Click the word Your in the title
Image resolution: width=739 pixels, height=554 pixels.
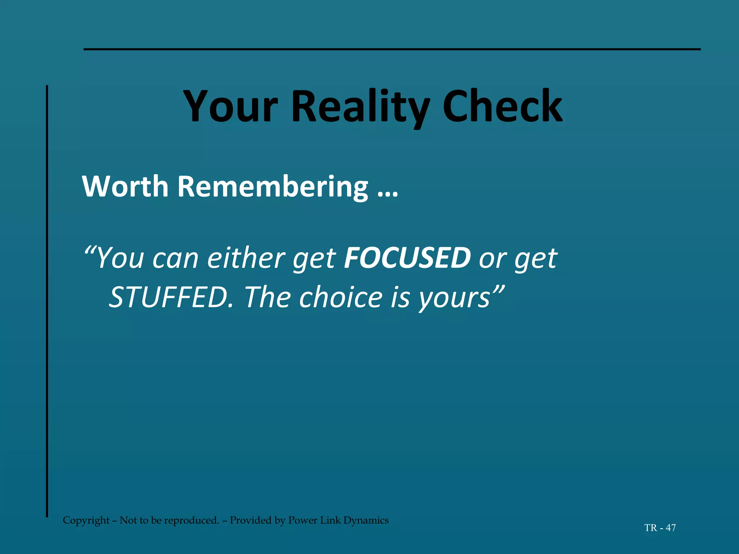coord(231,106)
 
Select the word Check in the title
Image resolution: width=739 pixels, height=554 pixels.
coord(502,106)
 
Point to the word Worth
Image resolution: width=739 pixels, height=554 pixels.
coord(125,186)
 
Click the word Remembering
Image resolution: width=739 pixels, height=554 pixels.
coord(273,186)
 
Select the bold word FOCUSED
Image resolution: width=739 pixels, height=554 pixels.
coord(407,258)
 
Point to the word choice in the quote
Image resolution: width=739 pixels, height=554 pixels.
coord(341,297)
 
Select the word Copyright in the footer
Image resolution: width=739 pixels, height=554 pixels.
coord(86,520)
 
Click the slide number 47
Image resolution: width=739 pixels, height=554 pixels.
coord(670,528)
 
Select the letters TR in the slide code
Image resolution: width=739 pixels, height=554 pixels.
coord(651,528)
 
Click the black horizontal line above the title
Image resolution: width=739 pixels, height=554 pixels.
coord(392,49)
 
